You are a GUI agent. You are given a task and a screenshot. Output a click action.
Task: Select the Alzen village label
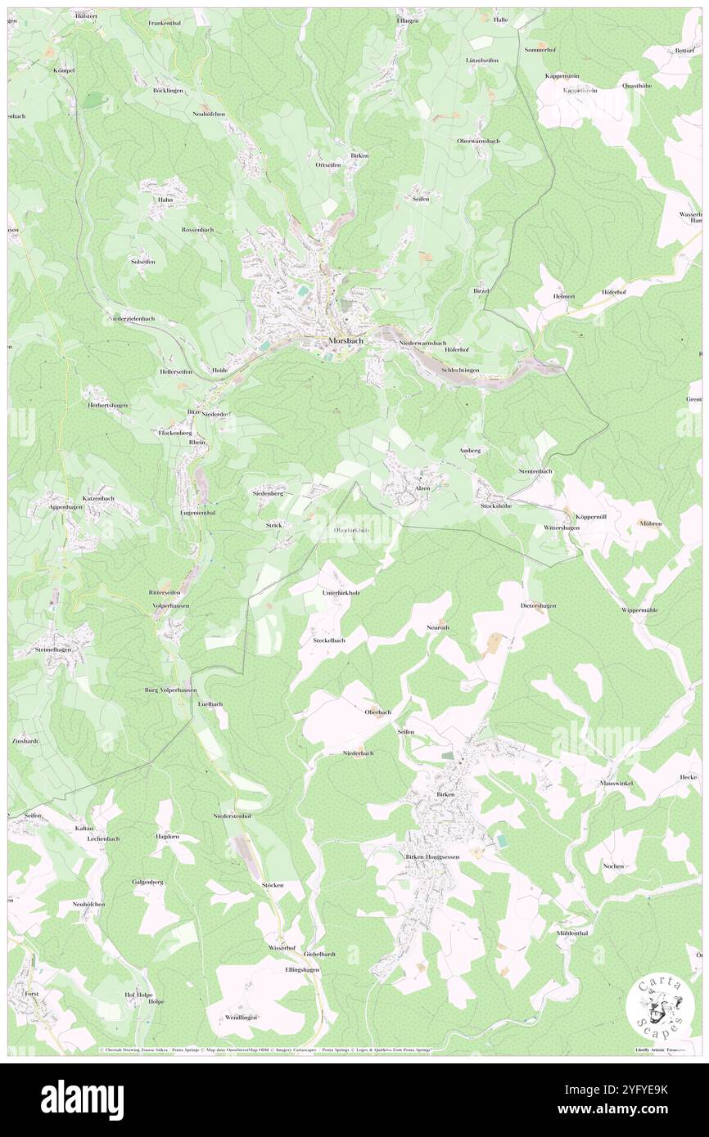click(422, 488)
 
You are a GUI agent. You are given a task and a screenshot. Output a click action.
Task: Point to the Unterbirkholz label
click(341, 592)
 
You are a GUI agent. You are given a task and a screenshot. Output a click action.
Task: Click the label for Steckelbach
click(328, 640)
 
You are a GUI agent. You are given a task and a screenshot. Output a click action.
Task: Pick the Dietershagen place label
click(538, 605)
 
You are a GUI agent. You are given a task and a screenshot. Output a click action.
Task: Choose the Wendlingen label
click(237, 1017)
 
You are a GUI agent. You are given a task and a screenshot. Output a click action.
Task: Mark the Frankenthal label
click(165, 23)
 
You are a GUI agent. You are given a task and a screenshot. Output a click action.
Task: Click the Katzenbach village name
click(98, 498)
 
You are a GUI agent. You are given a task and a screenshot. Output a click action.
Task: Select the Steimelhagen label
click(53, 649)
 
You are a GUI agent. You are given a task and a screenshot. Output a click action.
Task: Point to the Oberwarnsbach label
click(478, 141)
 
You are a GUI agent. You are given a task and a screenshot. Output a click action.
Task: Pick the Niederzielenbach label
click(132, 318)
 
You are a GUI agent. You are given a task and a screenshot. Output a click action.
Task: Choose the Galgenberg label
click(148, 882)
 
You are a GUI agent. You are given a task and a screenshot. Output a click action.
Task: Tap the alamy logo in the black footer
click(82, 1099)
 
